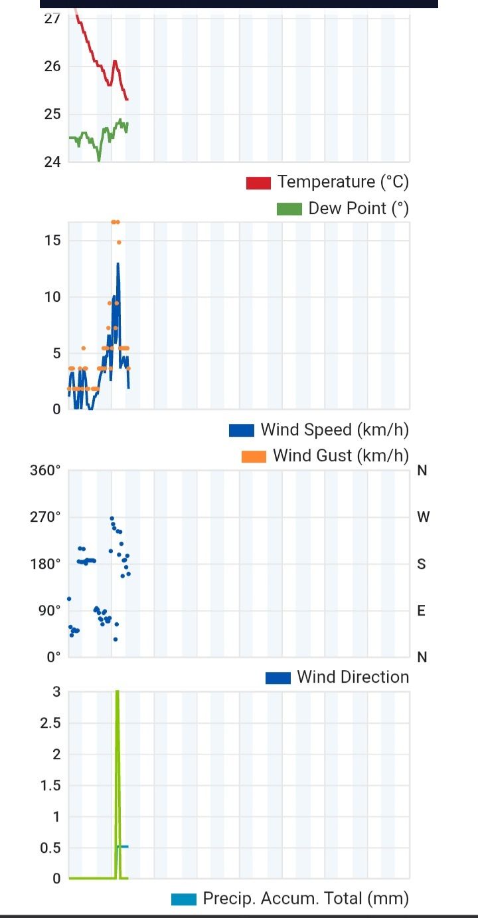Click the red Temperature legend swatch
[x=258, y=183]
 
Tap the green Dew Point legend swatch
[x=289, y=209]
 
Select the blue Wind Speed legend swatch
[x=242, y=430]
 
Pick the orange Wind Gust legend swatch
[x=254, y=457]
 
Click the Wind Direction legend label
[x=353, y=677]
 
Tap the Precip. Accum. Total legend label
[x=305, y=899]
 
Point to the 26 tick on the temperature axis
[x=52, y=66]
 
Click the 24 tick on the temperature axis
[x=52, y=162]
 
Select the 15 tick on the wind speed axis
[x=52, y=241]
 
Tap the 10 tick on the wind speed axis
[x=52, y=297]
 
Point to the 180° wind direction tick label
[x=45, y=564]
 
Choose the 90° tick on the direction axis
[x=48, y=611]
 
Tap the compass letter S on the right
[x=422, y=564]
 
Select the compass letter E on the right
[x=422, y=611]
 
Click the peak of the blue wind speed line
[x=118, y=263]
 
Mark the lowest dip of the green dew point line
[x=99, y=160]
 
